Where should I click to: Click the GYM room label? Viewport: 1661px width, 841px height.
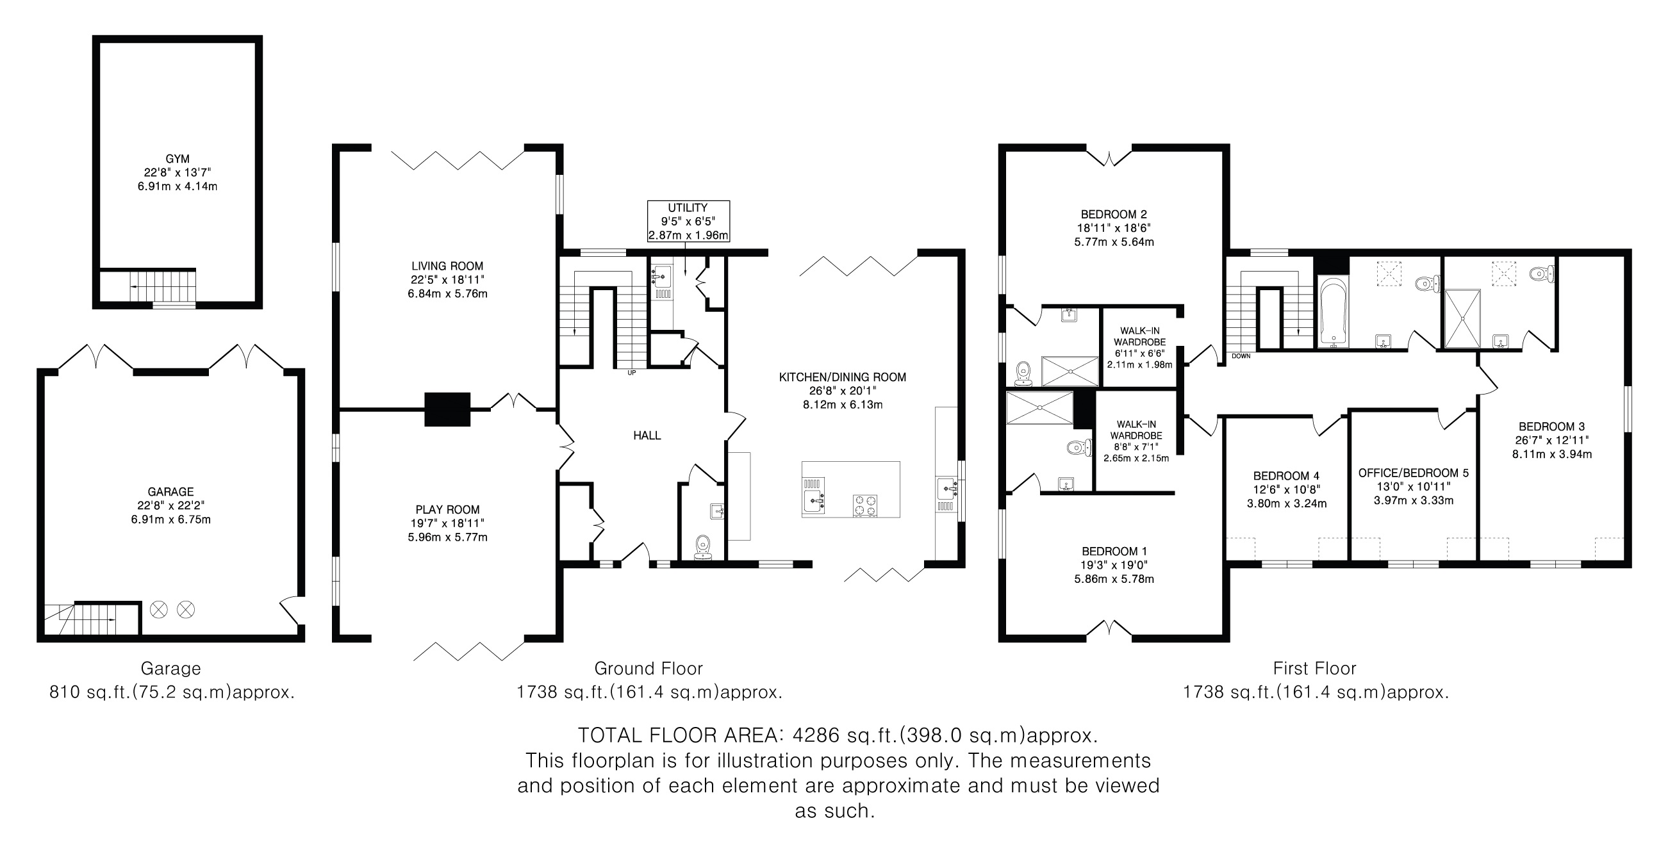pos(178,159)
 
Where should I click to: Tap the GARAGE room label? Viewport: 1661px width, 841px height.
pos(171,492)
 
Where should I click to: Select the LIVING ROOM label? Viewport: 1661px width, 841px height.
pos(447,266)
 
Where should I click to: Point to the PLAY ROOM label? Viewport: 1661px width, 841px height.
pos(447,509)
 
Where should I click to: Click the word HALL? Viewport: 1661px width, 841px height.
pos(647,436)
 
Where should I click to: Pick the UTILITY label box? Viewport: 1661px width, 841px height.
pos(689,221)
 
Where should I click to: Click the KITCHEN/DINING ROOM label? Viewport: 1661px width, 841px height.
pos(842,377)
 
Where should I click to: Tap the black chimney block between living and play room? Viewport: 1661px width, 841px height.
pos(447,409)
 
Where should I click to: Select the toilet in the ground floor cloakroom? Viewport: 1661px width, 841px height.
pos(703,547)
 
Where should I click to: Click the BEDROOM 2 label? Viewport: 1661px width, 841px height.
pos(1114,214)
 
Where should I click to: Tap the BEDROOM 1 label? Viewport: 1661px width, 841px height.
pos(1114,551)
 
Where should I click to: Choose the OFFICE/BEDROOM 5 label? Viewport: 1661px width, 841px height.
pos(1414,473)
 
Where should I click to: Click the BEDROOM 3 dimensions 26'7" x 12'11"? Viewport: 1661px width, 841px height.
pos(1552,440)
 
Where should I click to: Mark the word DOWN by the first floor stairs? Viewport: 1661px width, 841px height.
pos(1241,355)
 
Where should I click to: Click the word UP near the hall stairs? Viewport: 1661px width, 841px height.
pos(631,373)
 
